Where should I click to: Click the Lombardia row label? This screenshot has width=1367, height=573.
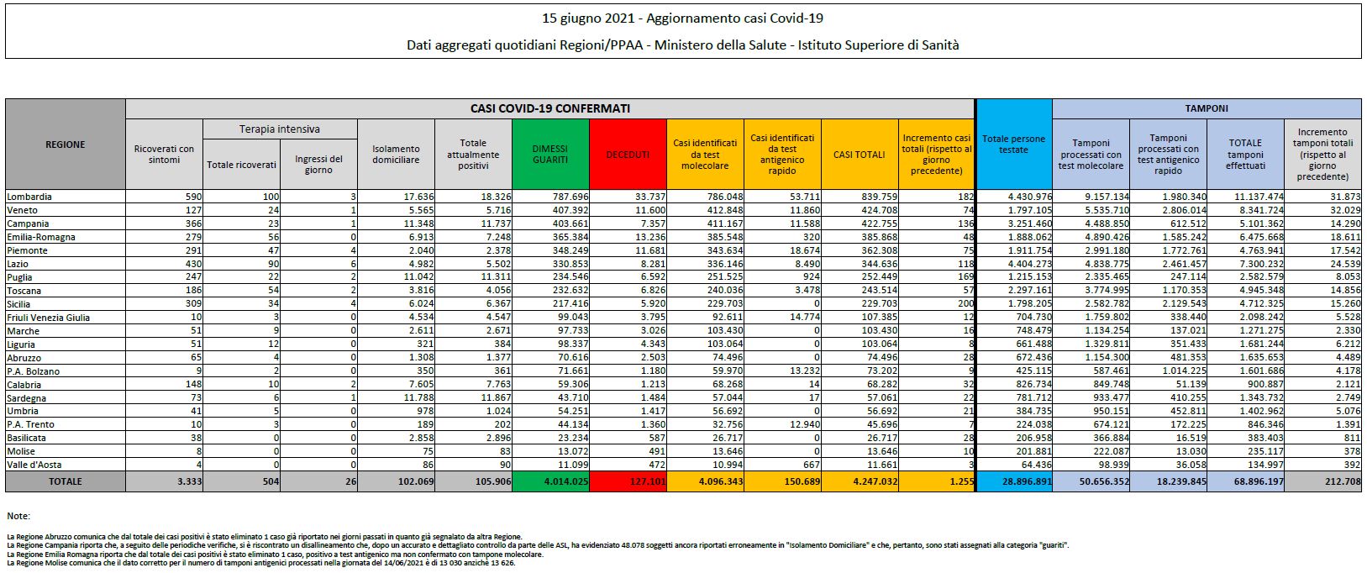(x=29, y=197)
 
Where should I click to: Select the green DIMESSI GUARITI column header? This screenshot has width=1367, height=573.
(x=549, y=154)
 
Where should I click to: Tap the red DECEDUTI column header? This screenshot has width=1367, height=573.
(x=628, y=154)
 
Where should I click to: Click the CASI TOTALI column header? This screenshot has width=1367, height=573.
(x=860, y=154)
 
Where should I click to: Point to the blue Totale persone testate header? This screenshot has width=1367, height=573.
(x=1013, y=144)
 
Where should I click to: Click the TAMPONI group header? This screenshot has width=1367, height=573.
(x=1207, y=108)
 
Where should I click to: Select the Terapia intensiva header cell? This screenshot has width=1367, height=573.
(x=280, y=129)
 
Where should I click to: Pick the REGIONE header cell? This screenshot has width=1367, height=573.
(x=66, y=144)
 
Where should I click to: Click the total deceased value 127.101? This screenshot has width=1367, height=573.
(x=644, y=481)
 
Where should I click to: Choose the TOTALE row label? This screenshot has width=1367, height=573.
(x=66, y=481)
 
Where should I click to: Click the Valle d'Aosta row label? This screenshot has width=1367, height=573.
(x=34, y=465)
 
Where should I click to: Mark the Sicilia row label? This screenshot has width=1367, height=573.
(x=19, y=304)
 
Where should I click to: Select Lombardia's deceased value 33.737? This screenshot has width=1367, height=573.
(x=649, y=197)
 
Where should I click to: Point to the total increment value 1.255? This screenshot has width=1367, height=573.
(x=961, y=481)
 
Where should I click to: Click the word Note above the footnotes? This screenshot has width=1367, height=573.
(x=18, y=516)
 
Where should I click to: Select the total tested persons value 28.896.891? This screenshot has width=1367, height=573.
(x=1027, y=481)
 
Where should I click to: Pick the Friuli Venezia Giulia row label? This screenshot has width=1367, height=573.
(x=48, y=318)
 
